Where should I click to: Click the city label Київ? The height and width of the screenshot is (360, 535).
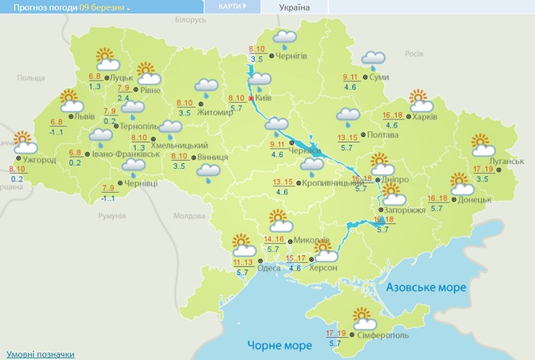264,98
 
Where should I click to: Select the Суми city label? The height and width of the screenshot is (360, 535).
379,77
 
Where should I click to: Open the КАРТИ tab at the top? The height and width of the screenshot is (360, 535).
230,7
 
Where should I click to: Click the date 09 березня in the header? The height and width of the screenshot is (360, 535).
104,7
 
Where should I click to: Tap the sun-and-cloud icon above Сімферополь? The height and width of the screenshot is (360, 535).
361,316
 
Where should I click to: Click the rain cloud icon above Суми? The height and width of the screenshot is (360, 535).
375,58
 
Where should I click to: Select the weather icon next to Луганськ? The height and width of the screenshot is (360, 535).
482,146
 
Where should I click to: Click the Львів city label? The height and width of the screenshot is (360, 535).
83,116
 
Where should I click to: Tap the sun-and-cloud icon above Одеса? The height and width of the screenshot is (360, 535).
243,245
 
